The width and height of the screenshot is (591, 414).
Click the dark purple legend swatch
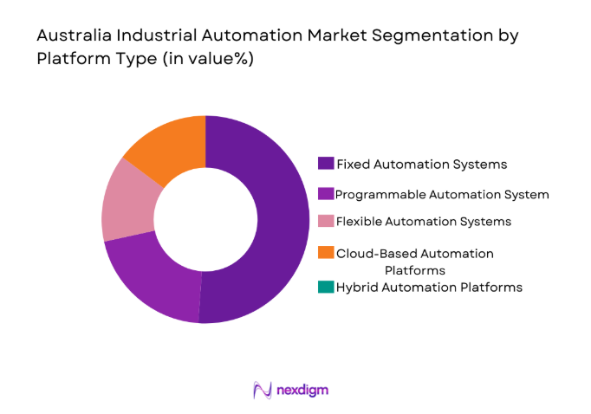pyautogui.click(x=326, y=163)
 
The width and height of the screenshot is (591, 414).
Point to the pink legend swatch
pyautogui.click(x=326, y=221)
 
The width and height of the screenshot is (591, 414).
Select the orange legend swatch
pyautogui.click(x=326, y=253)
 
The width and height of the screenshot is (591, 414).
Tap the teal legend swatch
pyautogui.click(x=326, y=287)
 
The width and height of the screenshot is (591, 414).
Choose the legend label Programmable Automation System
pyautogui.click(x=442, y=194)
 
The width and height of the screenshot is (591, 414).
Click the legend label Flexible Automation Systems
pyautogui.click(x=423, y=221)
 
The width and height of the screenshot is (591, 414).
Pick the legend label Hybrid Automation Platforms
pyautogui.click(x=429, y=287)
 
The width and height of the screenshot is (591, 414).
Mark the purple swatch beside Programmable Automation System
pyautogui.click(x=326, y=194)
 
